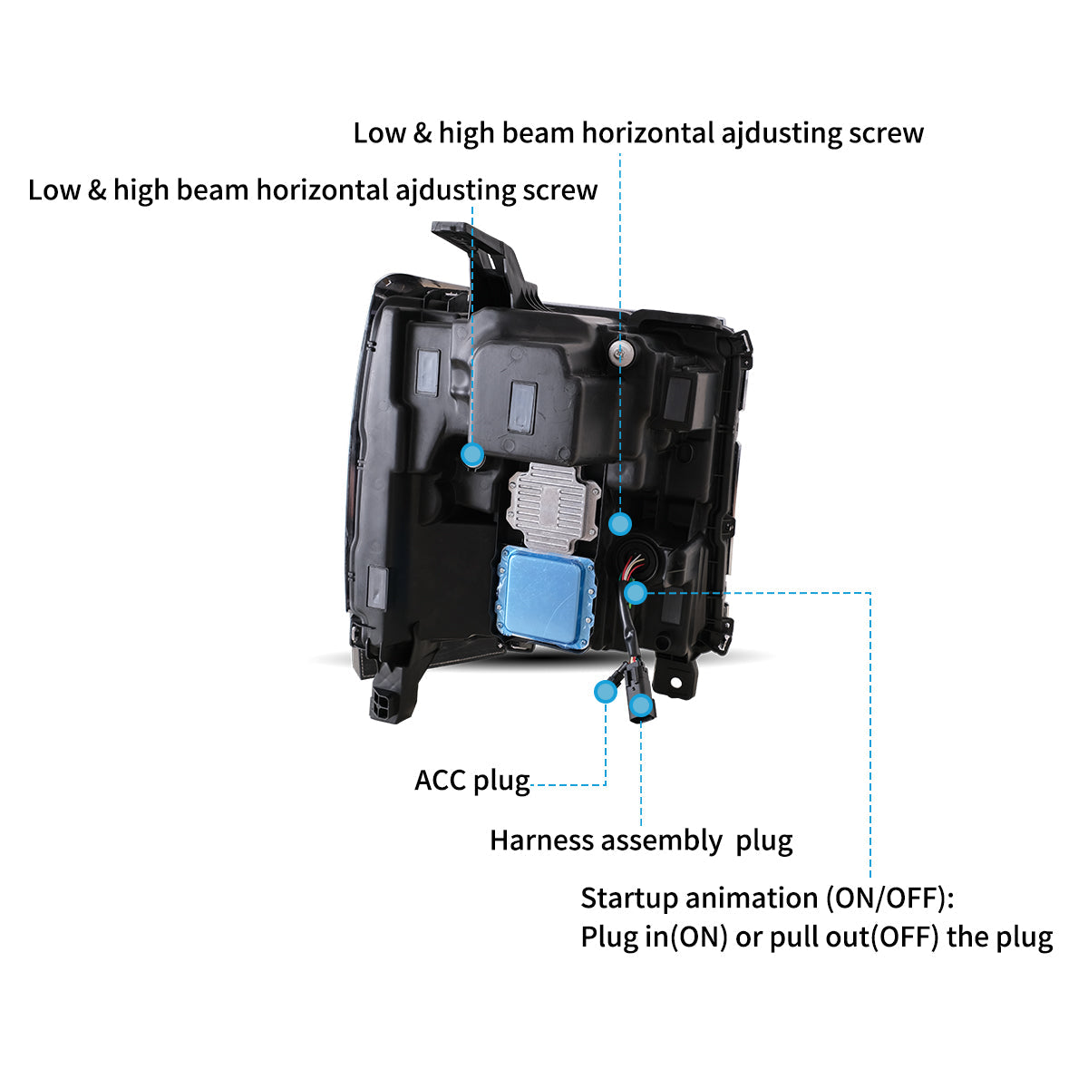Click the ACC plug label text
pyautogui.click(x=471, y=781)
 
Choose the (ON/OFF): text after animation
pyautogui.click(x=890, y=899)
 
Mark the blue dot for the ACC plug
pyautogui.click(x=605, y=692)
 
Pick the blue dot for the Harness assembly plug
pyautogui.click(x=641, y=704)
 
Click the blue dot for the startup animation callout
pyautogui.click(x=636, y=593)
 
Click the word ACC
pyautogui.click(x=441, y=781)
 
